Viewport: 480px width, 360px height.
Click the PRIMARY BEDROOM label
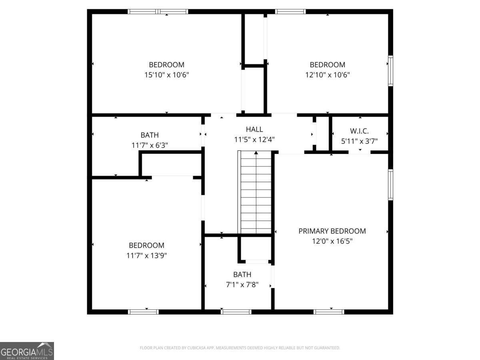coord(332,231)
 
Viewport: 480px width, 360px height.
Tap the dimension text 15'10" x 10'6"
coord(166,74)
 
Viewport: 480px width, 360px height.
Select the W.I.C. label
coord(359,131)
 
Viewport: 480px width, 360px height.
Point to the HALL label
coord(254,129)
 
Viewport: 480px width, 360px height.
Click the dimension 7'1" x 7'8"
coord(242,285)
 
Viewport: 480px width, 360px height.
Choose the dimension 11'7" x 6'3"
coord(150,145)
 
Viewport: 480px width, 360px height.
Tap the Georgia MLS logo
coord(27,351)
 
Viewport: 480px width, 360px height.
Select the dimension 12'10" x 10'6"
coord(327,74)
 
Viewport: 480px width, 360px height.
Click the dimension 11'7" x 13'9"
coord(146,256)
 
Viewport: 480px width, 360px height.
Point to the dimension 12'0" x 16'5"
coord(332,241)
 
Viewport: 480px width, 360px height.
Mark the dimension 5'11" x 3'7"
coord(359,141)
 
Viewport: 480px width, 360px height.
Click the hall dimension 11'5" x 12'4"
coord(254,140)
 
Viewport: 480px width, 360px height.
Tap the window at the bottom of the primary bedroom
coord(329,312)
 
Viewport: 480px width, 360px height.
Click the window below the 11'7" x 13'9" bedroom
coord(143,312)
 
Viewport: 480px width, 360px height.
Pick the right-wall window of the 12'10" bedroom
coord(390,71)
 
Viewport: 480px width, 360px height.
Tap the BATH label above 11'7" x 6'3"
coord(150,135)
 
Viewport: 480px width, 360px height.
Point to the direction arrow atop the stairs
coord(256,153)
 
